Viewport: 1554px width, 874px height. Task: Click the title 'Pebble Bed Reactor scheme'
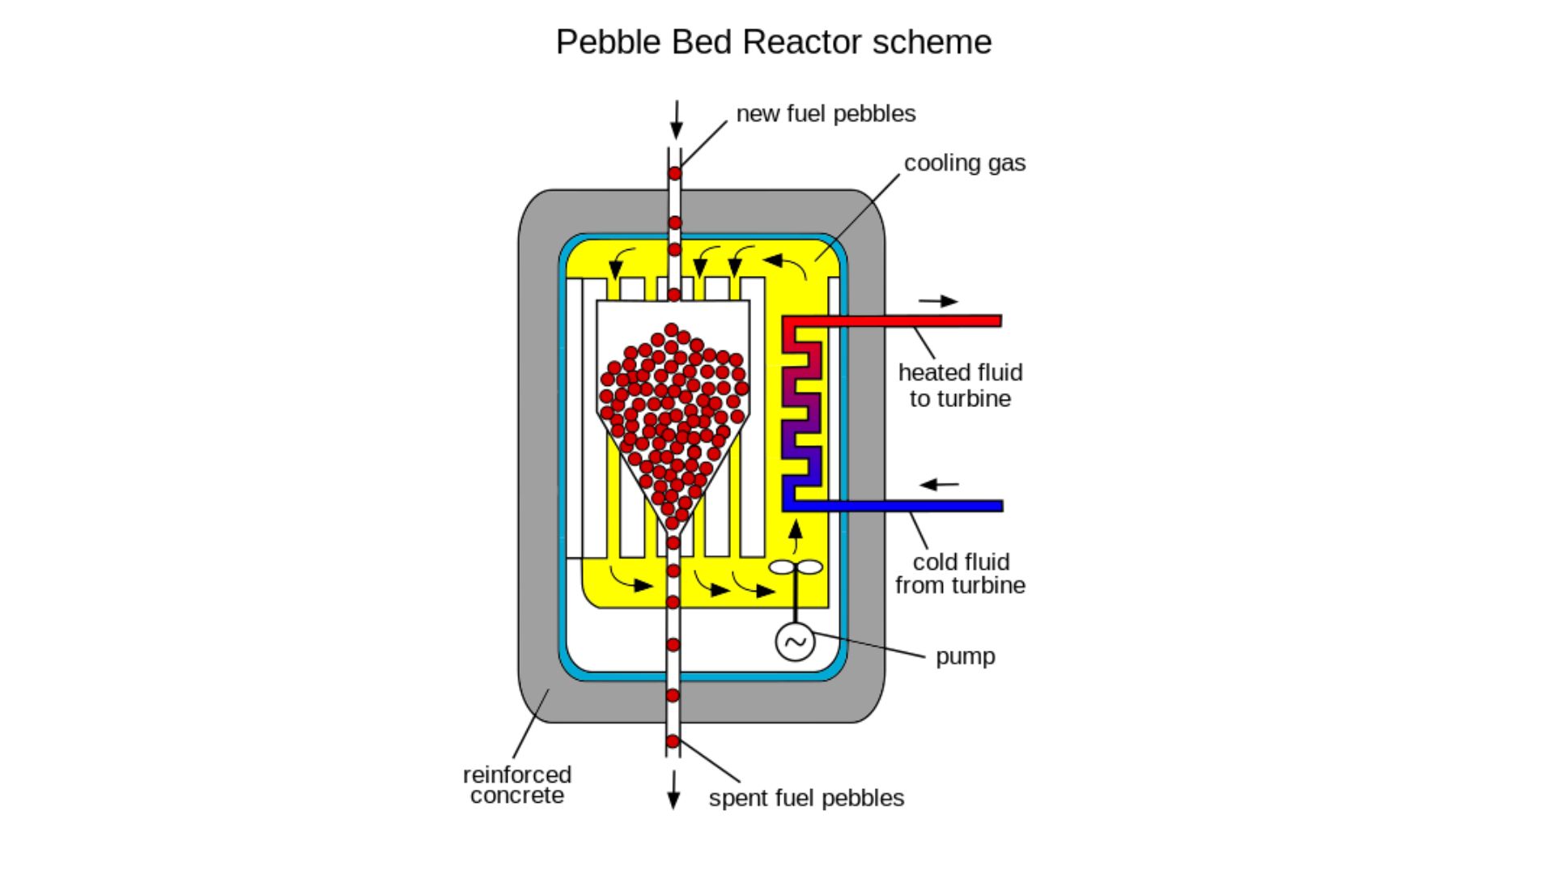[773, 42]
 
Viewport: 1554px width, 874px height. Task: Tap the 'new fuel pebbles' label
[826, 113]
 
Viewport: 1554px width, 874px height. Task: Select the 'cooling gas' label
[964, 163]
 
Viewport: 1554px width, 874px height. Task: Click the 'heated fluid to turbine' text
[960, 385]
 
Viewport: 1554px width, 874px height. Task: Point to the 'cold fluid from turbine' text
[960, 573]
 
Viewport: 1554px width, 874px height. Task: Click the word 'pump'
[965, 656]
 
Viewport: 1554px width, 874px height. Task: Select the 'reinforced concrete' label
[516, 784]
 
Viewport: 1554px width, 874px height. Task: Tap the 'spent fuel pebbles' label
[806, 798]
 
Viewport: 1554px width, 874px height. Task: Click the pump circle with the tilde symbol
[795, 642]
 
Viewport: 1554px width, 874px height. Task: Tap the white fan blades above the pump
[795, 567]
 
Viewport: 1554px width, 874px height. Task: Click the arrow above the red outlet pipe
[938, 301]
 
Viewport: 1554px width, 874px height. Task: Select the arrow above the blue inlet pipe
[939, 485]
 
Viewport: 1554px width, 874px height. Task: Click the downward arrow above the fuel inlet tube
[676, 120]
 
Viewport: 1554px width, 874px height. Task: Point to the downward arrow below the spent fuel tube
[673, 790]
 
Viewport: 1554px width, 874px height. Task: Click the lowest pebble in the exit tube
[673, 741]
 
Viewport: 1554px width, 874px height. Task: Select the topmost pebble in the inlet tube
[675, 173]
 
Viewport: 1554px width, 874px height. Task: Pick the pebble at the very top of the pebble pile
[671, 329]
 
